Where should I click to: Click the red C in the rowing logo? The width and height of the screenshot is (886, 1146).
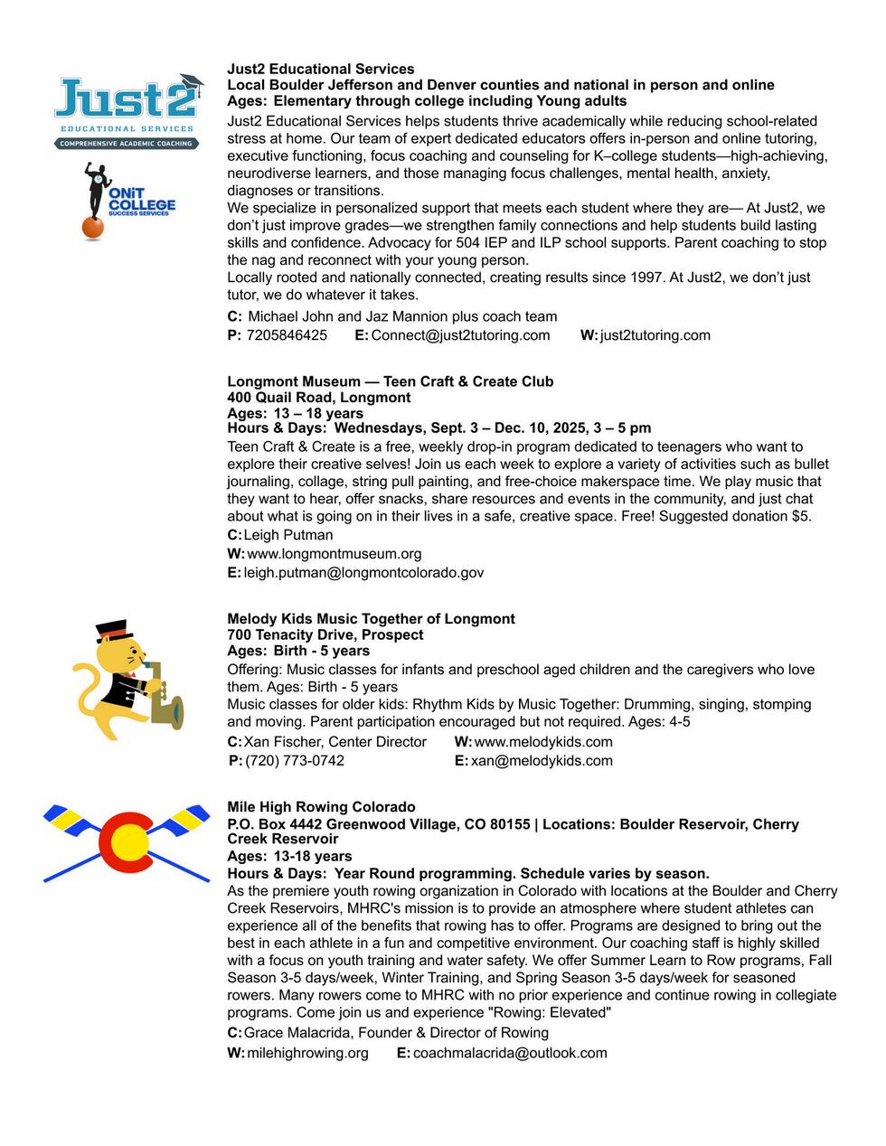tap(125, 840)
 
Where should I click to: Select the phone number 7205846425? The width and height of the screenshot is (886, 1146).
tap(287, 335)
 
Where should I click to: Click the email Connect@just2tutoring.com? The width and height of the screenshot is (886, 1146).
tap(460, 335)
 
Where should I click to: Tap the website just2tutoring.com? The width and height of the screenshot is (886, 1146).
tap(655, 335)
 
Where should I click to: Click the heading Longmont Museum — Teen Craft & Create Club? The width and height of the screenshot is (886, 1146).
tap(390, 381)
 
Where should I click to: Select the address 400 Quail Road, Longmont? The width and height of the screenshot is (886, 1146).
tap(318, 398)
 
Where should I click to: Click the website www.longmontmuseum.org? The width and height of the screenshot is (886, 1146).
tap(334, 553)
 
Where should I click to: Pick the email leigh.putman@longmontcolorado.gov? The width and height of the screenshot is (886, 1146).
tap(363, 572)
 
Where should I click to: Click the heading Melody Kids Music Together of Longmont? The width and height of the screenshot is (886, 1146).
tap(371, 619)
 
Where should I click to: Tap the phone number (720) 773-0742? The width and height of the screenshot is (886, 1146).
tap(295, 761)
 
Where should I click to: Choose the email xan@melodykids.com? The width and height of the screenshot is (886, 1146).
tap(542, 761)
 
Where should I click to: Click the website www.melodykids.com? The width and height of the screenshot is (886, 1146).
tap(543, 742)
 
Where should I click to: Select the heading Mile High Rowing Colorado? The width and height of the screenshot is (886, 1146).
tap(321, 807)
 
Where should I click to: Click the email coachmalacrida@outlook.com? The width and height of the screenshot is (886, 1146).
tap(510, 1053)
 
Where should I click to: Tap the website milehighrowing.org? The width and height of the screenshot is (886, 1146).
tap(307, 1053)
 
